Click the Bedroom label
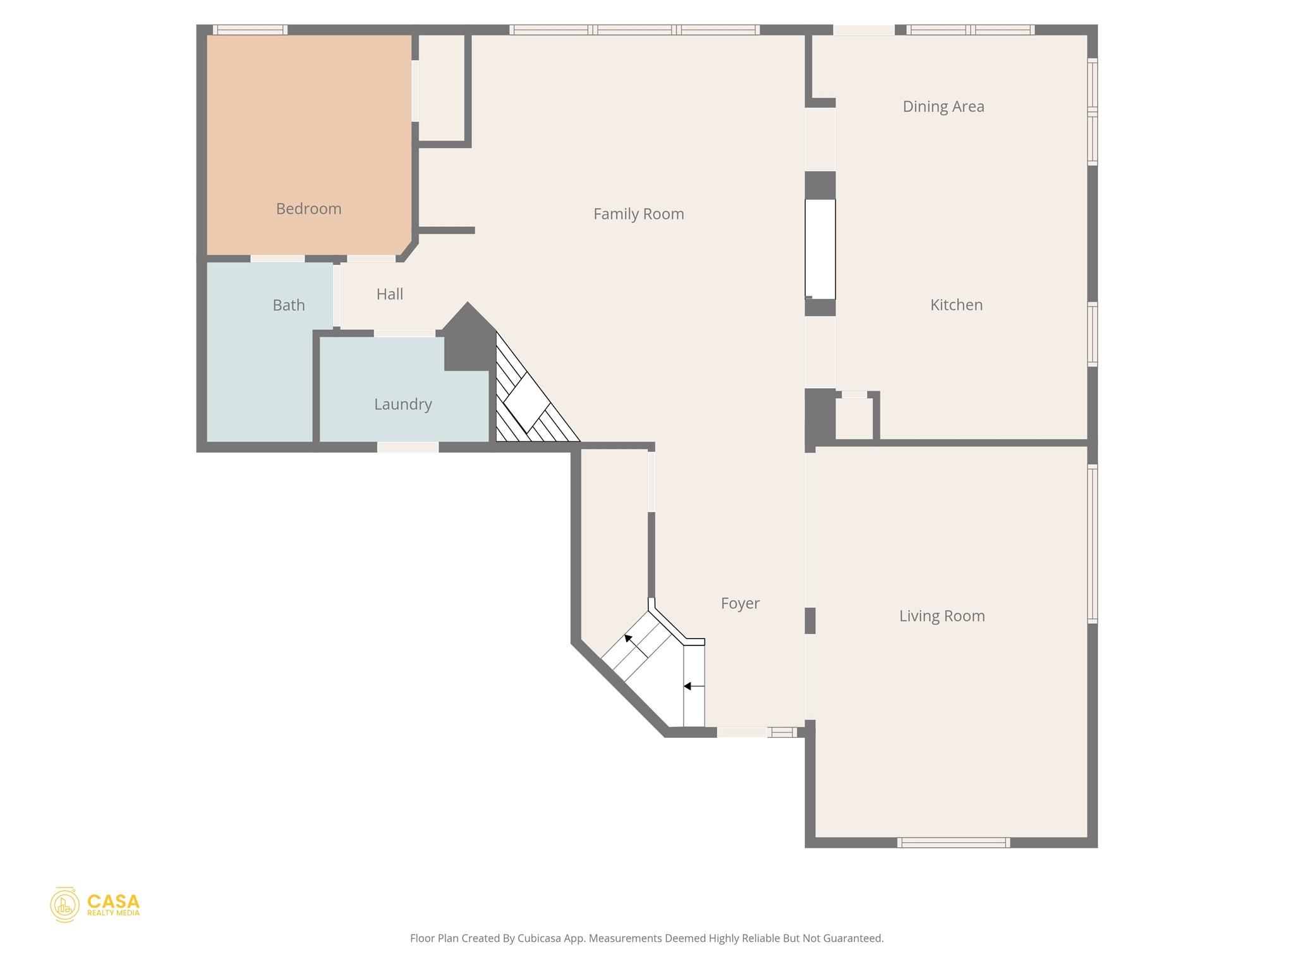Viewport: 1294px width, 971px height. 308,209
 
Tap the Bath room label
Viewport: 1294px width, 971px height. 289,305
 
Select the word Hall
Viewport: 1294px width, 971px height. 389,294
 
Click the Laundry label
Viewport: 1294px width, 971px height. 402,404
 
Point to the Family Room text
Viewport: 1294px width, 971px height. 638,214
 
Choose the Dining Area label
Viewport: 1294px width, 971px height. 943,107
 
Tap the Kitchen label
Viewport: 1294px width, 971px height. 956,305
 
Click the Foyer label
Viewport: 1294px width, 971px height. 740,603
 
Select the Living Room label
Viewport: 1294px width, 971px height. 941,616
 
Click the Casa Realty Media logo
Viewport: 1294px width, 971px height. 95,905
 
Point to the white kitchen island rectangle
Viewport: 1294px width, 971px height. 819,249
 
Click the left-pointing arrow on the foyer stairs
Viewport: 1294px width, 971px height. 693,686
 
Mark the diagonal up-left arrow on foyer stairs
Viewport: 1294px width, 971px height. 629,639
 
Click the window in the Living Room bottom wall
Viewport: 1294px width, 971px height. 953,842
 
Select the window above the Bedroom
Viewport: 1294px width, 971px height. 250,30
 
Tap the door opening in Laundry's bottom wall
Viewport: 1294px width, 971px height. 408,448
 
